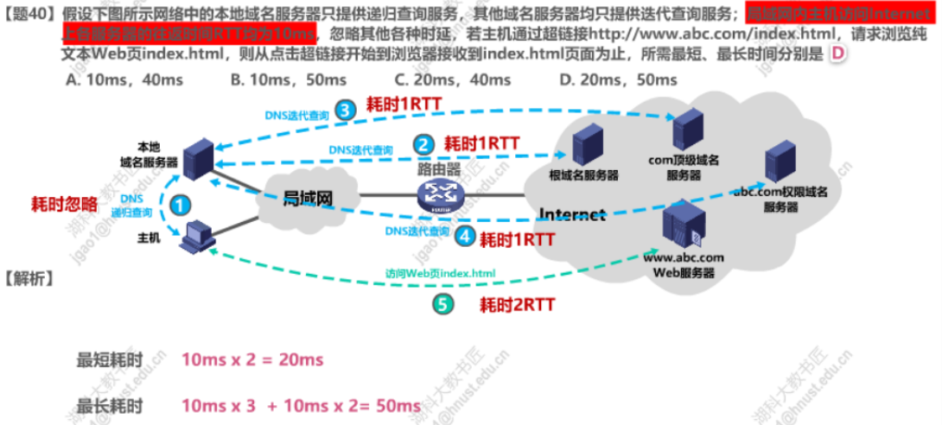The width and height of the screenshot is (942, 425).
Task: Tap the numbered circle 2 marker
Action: (x=423, y=144)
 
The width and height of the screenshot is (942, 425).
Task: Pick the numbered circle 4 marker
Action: (x=466, y=235)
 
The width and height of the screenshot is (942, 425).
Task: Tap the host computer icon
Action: (x=196, y=235)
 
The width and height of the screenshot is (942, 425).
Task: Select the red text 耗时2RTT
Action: (x=517, y=304)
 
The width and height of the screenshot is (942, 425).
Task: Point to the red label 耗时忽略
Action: (x=64, y=205)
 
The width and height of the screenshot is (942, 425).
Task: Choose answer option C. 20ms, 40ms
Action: (x=451, y=80)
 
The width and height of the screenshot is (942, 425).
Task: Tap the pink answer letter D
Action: (x=836, y=54)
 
